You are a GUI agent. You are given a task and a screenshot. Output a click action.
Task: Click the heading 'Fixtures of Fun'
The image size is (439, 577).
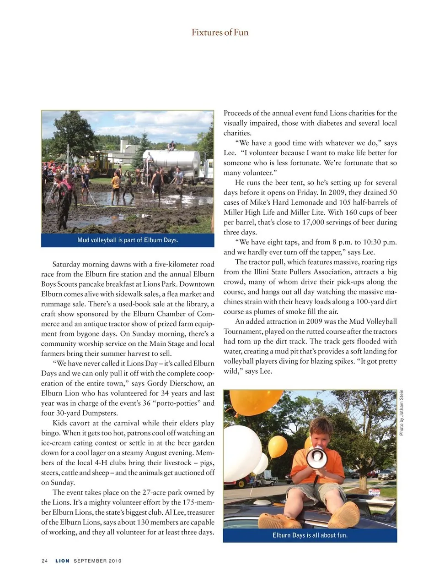[x=219, y=33]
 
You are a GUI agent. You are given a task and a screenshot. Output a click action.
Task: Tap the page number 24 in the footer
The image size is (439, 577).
[x=44, y=561]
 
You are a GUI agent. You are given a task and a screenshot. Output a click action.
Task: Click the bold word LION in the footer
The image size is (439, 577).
[x=62, y=561]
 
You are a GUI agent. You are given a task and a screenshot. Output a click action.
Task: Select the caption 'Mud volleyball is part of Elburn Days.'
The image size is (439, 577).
[x=128, y=240]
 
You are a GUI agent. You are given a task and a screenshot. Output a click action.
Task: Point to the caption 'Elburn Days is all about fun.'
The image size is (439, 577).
[x=310, y=535]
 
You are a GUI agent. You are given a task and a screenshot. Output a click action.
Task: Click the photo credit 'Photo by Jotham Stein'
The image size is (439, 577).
[x=401, y=412]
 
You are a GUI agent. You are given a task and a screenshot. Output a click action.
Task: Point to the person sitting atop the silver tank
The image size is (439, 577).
[x=171, y=146]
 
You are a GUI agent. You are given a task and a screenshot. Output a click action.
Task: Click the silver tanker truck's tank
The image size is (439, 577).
[x=178, y=160]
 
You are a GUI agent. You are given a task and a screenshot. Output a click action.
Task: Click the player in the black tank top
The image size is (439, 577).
[x=157, y=181]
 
